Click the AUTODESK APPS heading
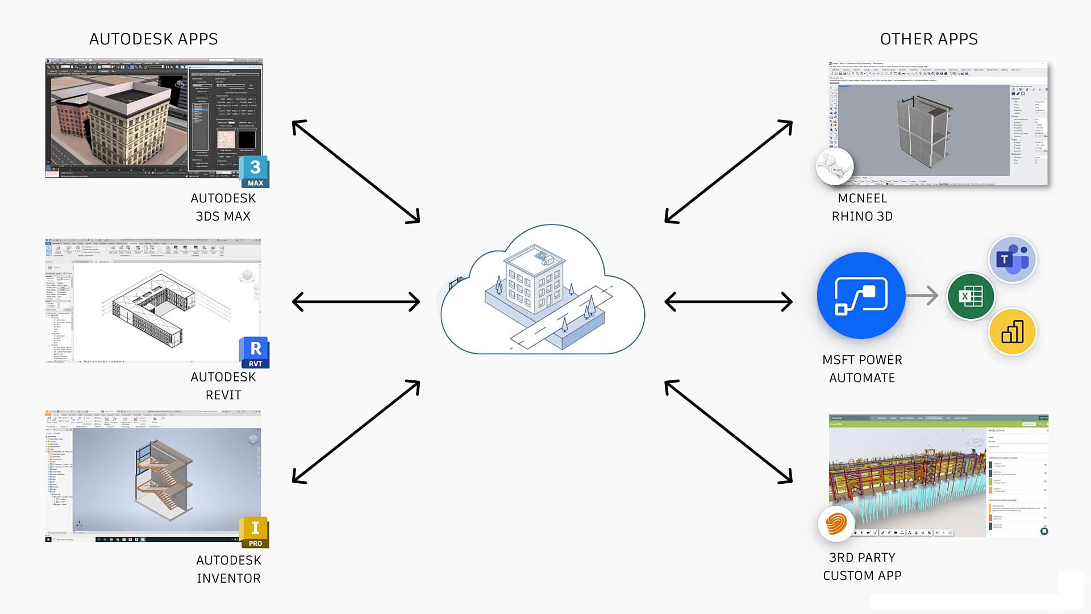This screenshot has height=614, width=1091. pos(153,39)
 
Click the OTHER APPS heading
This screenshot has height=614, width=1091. pos(928,39)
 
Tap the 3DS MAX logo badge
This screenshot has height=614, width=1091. pos(255,172)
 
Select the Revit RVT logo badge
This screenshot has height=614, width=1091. pos(255,352)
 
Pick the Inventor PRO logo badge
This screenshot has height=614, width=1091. pos(255,533)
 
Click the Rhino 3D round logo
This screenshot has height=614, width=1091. pos(834,166)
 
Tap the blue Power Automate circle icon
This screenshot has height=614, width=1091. pos(861,296)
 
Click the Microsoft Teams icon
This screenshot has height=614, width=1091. pos(1012,260)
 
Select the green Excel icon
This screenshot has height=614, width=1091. pos(971,296)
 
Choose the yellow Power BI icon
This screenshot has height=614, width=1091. pos(1012,331)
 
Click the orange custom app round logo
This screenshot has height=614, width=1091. pos(836,523)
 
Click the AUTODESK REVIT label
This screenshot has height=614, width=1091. pos(223,386)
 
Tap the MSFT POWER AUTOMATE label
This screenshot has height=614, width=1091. pos(862,369)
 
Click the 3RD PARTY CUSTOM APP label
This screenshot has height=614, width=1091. pos(862,566)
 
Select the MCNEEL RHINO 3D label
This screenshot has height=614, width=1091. pos(862,207)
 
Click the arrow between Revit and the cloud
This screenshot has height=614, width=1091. pos(356,302)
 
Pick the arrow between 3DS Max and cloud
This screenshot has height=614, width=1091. pos(356,171)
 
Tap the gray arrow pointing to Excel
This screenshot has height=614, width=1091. pos(922,296)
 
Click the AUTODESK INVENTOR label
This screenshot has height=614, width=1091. pos(228,569)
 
